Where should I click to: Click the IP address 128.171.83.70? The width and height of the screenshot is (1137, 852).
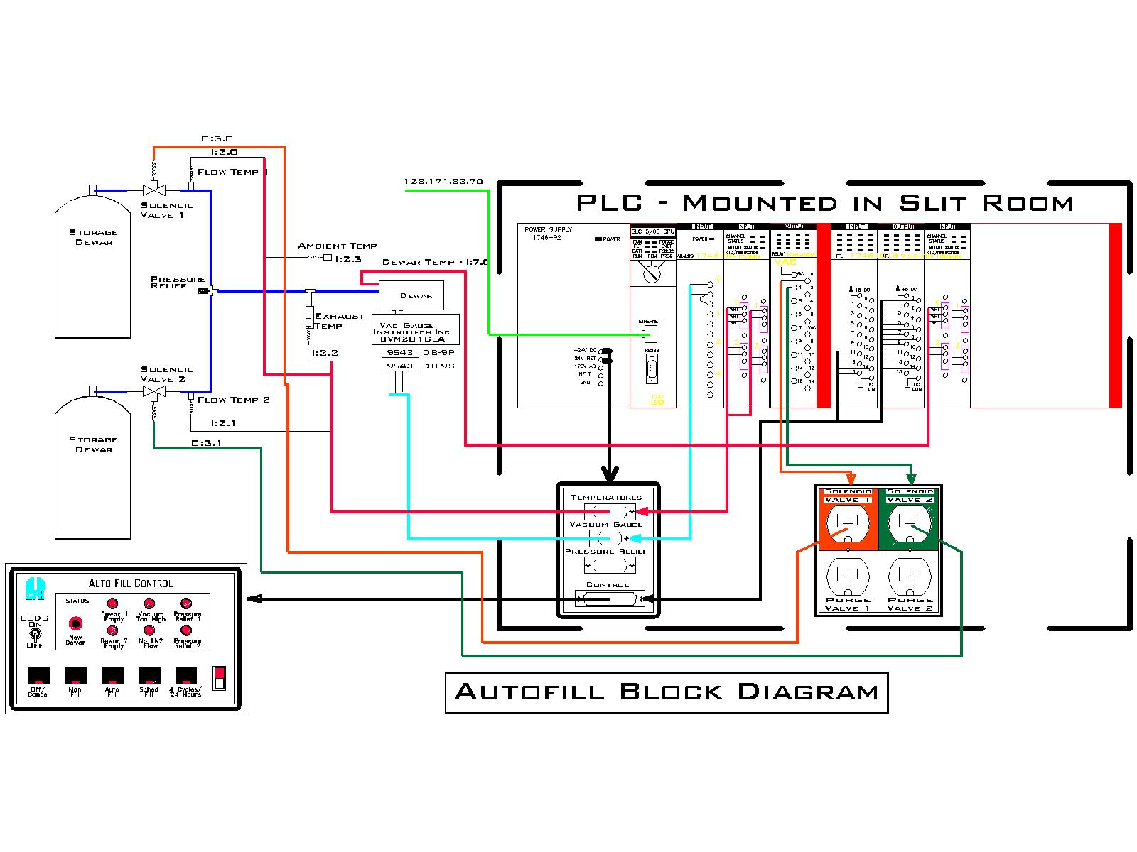[x=443, y=181]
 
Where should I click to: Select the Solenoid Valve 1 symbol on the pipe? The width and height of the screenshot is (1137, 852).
[x=154, y=190]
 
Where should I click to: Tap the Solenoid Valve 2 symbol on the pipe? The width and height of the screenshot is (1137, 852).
[x=154, y=391]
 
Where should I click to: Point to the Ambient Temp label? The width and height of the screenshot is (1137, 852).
[x=337, y=246]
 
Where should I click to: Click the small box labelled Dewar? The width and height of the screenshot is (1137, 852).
[x=411, y=295]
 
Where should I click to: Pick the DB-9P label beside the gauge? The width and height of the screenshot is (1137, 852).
[x=438, y=351]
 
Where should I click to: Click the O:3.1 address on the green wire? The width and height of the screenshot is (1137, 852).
[x=206, y=443]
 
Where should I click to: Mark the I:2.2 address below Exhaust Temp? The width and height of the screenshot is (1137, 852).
[x=324, y=353]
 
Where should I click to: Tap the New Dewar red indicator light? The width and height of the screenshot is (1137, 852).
[x=75, y=623]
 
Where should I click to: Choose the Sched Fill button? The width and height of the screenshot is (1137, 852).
[x=149, y=675]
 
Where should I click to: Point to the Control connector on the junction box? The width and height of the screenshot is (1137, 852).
[x=608, y=599]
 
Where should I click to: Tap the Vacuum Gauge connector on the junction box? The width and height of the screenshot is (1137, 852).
[x=608, y=538]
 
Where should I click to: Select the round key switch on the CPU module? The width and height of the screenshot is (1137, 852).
[x=652, y=271]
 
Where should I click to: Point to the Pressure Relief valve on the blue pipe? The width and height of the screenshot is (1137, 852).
[x=205, y=290]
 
